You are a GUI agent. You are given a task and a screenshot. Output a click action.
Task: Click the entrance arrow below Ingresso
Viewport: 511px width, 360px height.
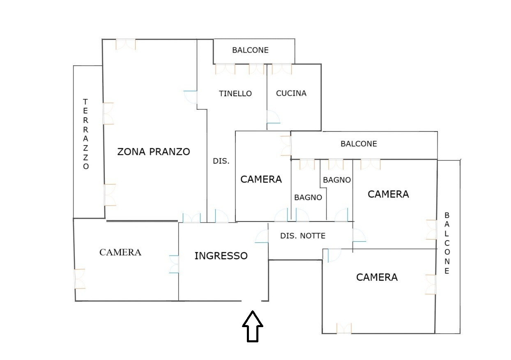pos(252,327)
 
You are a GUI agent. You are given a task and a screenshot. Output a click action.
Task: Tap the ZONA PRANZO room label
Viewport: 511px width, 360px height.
pos(154,152)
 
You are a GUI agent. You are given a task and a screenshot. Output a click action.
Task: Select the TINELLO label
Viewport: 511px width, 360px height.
pos(235,93)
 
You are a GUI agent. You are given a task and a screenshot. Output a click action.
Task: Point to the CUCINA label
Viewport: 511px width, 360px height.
pos(291,93)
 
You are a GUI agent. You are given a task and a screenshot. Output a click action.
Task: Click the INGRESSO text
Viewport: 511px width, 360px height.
pos(221,256)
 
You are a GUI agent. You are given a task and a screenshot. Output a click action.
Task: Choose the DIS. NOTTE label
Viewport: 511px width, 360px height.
pos(303,236)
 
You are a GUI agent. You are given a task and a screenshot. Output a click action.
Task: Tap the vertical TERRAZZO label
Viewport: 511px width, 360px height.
pos(85,134)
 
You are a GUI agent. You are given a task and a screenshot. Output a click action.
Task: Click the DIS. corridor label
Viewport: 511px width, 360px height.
pos(221,162)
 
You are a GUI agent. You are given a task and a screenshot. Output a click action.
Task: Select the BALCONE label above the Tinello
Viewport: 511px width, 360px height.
pos(250,50)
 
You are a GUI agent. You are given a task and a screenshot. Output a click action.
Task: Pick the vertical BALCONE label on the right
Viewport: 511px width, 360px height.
pos(447,243)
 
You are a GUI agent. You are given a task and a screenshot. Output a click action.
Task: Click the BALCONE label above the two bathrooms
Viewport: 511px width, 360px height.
pos(359,144)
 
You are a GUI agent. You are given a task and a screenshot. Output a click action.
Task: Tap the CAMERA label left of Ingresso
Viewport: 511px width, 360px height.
pos(120,252)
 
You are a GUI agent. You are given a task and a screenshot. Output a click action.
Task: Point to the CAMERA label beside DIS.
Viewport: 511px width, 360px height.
pos(261,179)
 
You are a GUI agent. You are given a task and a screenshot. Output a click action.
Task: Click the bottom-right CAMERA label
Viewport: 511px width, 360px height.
pos(377,277)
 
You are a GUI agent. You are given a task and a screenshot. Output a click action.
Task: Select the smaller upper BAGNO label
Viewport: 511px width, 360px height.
pos(337,180)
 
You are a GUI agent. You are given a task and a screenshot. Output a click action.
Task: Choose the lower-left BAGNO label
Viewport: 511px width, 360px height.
pos(308,197)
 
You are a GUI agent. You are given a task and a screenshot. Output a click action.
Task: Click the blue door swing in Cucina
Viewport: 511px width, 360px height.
pos(272,118)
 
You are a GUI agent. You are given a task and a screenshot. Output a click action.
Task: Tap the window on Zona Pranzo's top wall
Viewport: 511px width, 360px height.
pos(125,44)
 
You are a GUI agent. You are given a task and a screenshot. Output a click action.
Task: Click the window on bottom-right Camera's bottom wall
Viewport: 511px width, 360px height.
pos(344,328)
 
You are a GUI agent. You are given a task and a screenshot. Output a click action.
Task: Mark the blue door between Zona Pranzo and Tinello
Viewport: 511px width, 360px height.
pos(191,97)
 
